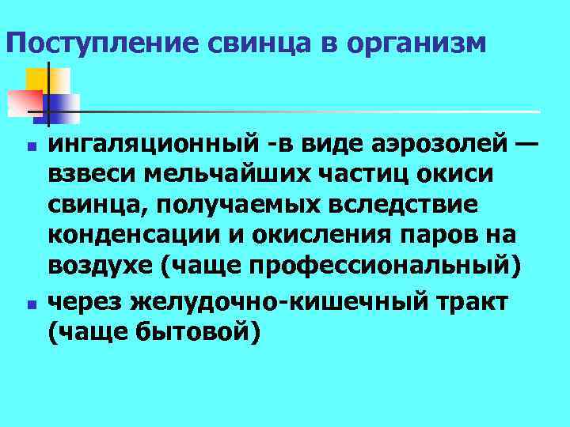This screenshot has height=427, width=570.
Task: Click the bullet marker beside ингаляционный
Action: point(31,147)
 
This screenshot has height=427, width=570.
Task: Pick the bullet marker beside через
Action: point(31,303)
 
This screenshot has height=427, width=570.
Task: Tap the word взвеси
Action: point(94,175)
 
